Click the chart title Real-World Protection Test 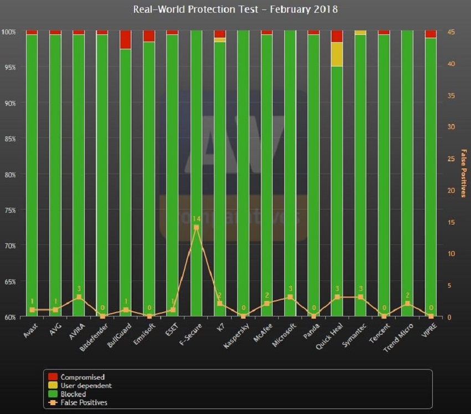(235, 9)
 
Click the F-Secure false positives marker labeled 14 (196, 227)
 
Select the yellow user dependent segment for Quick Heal (337, 54)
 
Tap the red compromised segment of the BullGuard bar (126, 40)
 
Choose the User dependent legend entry (85, 386)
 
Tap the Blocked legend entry (74, 394)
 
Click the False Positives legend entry (84, 403)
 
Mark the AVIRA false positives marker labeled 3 (79, 297)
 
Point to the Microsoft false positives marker (290, 297)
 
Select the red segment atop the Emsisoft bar (149, 36)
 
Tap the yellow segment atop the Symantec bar (360, 33)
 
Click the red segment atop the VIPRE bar (431, 34)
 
